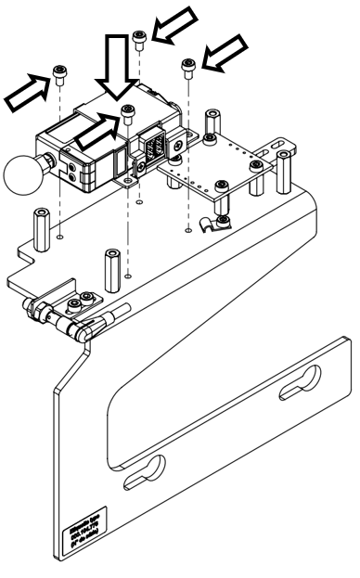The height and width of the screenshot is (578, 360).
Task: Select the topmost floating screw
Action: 139,39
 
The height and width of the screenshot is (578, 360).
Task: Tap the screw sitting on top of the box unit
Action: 127,112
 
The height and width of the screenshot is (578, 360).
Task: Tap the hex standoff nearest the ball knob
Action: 42,224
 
